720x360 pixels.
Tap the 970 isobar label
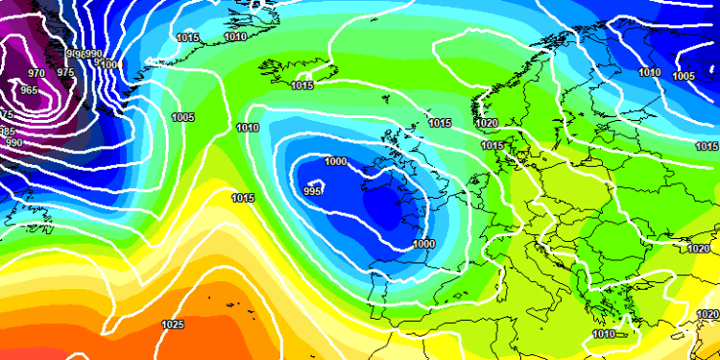pos(36,73)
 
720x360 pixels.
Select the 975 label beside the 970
pos(65,72)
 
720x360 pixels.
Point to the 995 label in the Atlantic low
pos(312,191)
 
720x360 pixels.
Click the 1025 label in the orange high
pos(173,325)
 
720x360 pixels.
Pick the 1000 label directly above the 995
pos(336,161)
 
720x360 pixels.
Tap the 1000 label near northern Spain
pos(423,244)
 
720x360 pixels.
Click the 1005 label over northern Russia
pos(684,76)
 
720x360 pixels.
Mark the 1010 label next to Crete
pos(603,334)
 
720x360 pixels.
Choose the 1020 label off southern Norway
pos(487,123)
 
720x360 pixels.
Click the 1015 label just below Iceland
pos(302,86)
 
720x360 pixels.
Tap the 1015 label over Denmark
pos(492,146)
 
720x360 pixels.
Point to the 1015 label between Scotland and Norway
pos(441,123)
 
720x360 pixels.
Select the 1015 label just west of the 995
pos(243,198)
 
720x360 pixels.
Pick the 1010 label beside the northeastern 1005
pos(650,72)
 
